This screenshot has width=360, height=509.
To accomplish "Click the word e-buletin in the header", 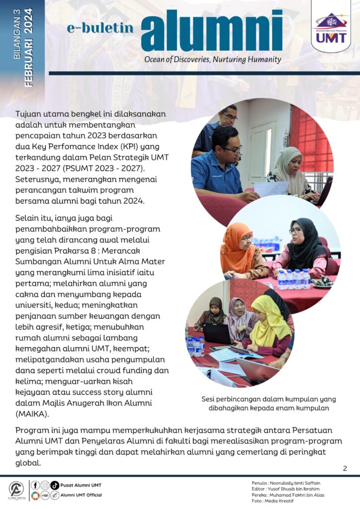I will click(100, 28).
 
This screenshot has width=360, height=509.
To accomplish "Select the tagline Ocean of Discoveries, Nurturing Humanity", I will click(212, 60).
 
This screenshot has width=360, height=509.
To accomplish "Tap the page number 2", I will click(345, 468).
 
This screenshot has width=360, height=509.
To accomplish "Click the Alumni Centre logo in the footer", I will click(16, 490).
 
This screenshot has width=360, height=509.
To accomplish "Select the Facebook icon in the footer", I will click(35, 485).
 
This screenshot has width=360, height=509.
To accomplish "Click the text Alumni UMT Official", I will click(81, 495).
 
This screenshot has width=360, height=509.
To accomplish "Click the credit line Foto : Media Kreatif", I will click(273, 501).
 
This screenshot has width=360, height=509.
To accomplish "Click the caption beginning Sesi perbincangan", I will click(269, 403).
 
